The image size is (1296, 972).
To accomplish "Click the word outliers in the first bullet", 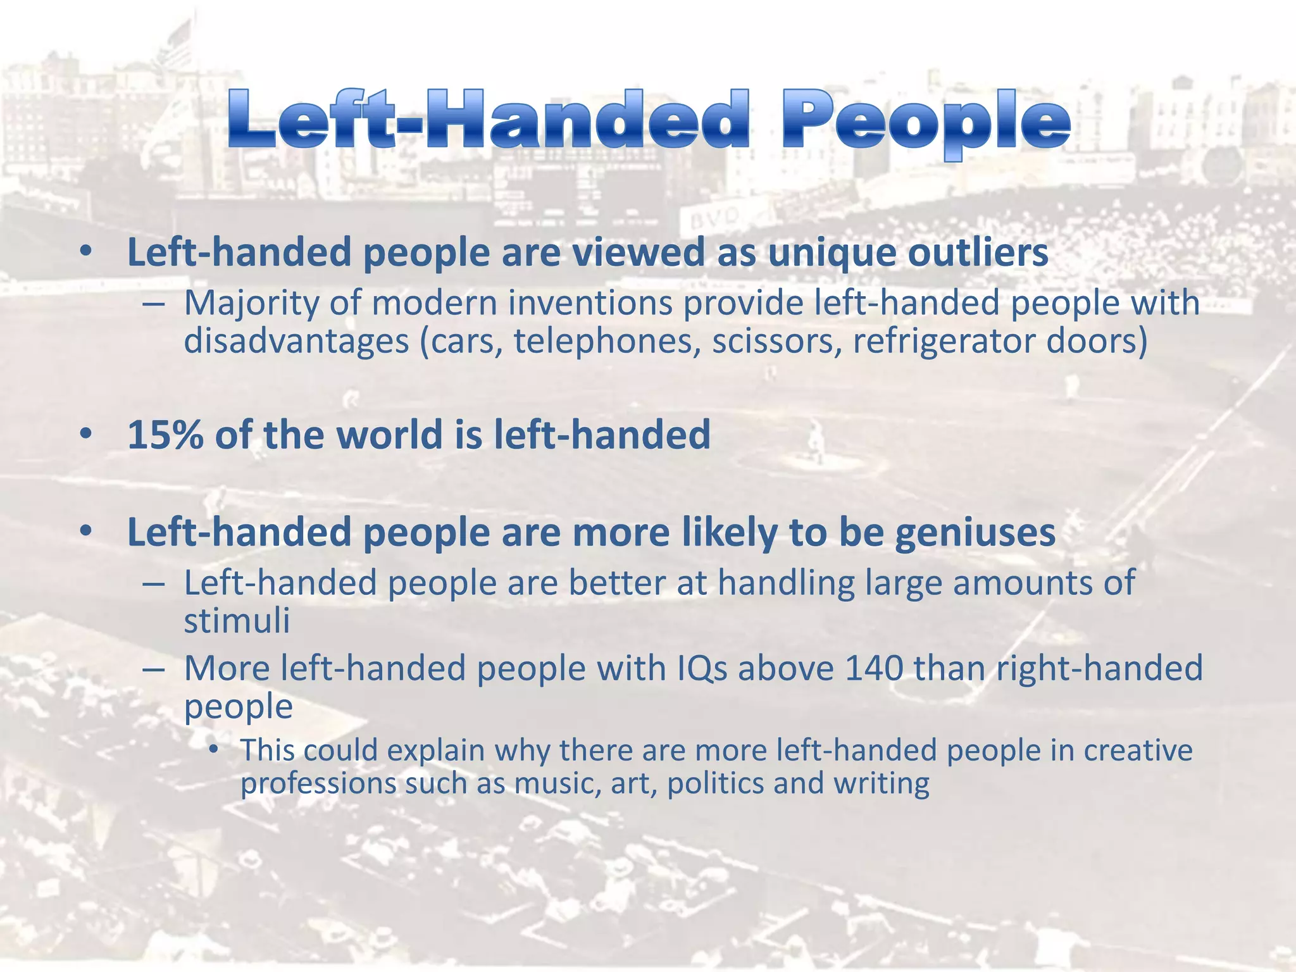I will [978, 252].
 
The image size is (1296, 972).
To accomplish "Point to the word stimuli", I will [237, 620].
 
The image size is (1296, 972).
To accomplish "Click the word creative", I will [1138, 751].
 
